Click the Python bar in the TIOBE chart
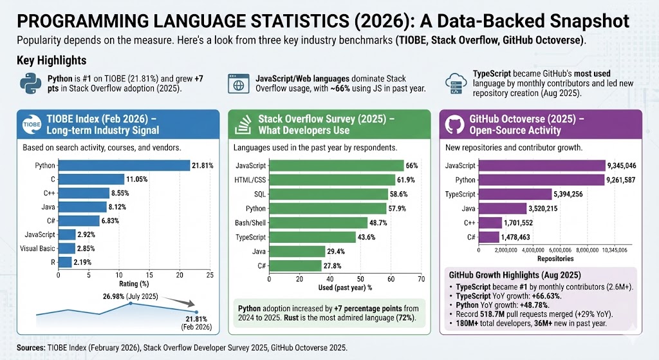tap(124, 166)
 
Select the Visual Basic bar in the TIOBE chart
tap(66, 248)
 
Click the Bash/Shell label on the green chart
tap(245, 222)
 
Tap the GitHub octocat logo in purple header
tap(454, 124)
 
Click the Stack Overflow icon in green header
tap(243, 124)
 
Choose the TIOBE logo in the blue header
tap(32, 124)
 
